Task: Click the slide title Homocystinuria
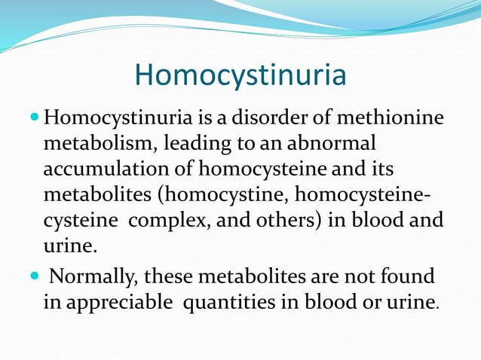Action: pos(240,76)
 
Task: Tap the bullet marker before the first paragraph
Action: pos(37,118)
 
